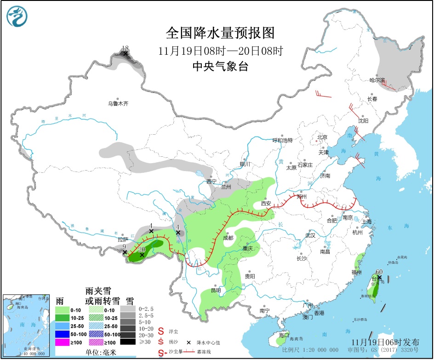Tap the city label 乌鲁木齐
pos(118,104)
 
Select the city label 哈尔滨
pos(379,80)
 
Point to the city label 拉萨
pos(122,240)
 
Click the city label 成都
pos(228,238)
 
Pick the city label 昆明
pos(215,290)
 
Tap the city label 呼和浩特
pos(282,140)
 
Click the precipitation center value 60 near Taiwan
pos(379,272)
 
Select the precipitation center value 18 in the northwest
pos(125,48)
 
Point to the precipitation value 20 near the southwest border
pos(142,250)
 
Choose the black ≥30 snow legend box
pos(128,342)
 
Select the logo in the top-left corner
pos(17,17)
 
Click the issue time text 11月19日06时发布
pos(385,343)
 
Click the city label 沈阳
pos(363,120)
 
